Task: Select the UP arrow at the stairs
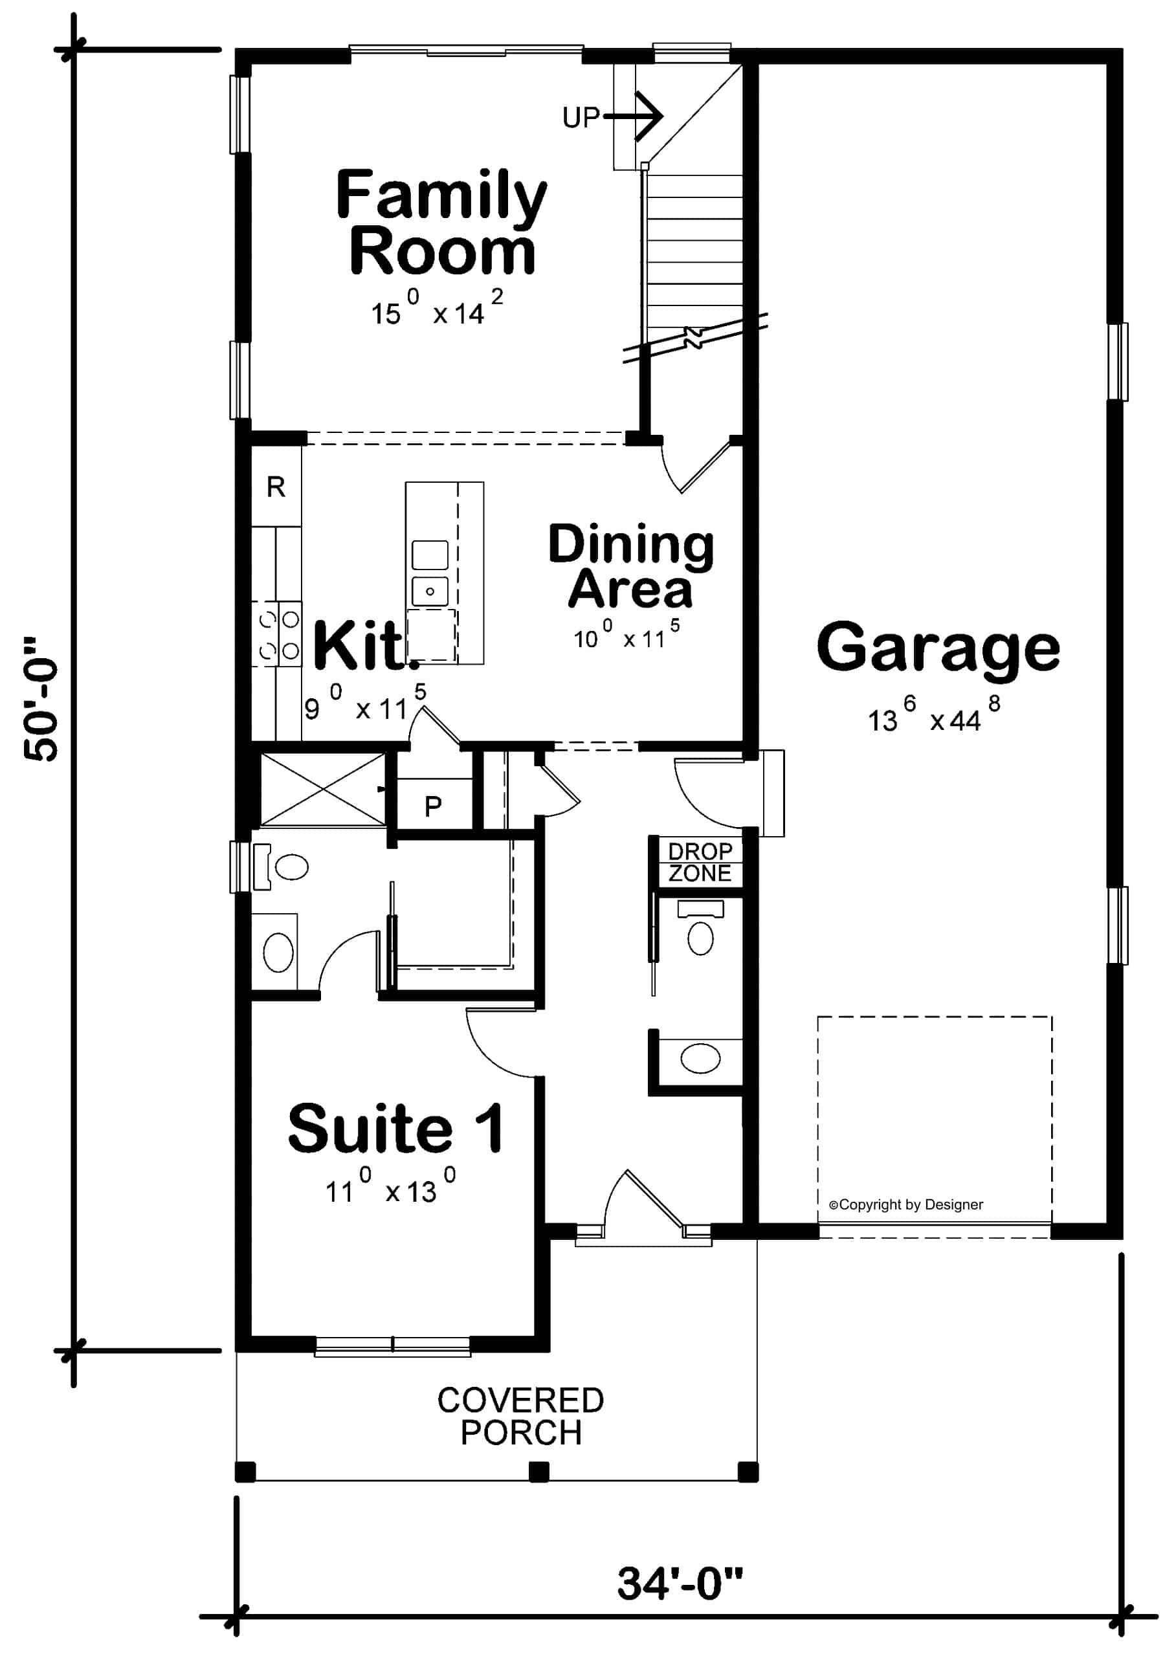click(x=636, y=116)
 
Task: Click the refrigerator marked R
click(x=276, y=487)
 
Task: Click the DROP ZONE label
click(x=699, y=862)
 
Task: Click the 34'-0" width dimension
click(x=680, y=1584)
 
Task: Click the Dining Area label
click(x=630, y=567)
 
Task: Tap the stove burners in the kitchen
click(x=279, y=635)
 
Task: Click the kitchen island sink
click(x=430, y=591)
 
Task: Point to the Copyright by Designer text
click(x=905, y=1204)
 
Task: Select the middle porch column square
click(x=538, y=1472)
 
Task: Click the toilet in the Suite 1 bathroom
click(x=285, y=867)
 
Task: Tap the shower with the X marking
click(x=322, y=789)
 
